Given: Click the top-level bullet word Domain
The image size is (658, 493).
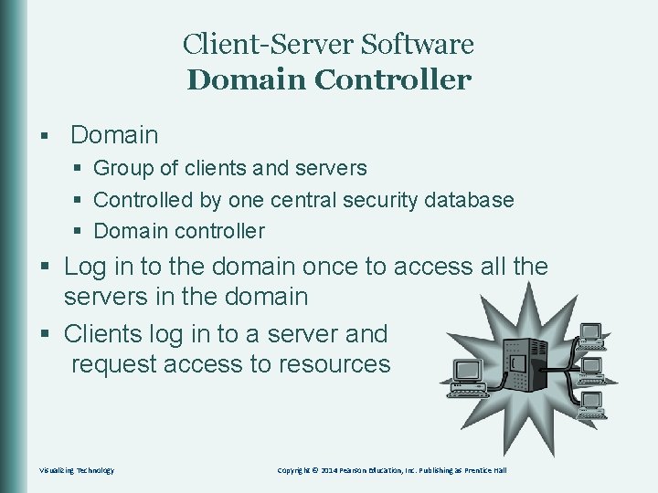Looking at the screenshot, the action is point(114,135).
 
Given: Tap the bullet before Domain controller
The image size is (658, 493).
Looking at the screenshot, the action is point(80,232).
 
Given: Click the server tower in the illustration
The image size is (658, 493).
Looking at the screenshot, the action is point(525,371).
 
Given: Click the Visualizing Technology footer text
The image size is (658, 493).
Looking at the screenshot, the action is point(77,470).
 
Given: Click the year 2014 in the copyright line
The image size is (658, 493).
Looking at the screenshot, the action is point(350,470).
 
